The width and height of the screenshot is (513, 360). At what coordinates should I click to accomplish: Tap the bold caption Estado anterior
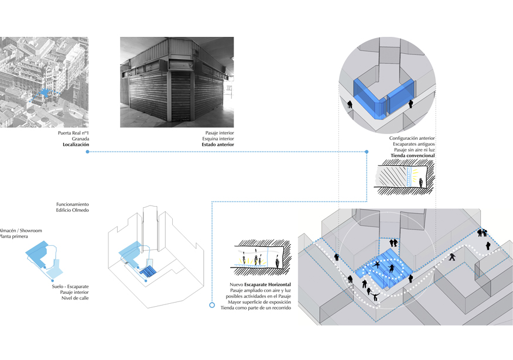(x=218, y=145)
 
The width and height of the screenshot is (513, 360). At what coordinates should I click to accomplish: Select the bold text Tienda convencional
(x=410, y=156)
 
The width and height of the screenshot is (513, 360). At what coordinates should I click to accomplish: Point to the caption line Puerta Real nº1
(x=73, y=133)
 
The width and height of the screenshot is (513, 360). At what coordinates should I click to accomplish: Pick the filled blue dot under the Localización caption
(x=87, y=152)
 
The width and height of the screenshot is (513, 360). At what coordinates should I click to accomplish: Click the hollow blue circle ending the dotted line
(x=212, y=305)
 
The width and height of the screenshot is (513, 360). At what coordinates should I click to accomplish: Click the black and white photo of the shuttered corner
(x=177, y=82)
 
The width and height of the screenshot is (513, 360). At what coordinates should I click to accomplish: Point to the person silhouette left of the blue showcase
(x=350, y=105)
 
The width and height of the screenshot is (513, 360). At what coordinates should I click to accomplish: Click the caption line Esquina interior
(x=220, y=139)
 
